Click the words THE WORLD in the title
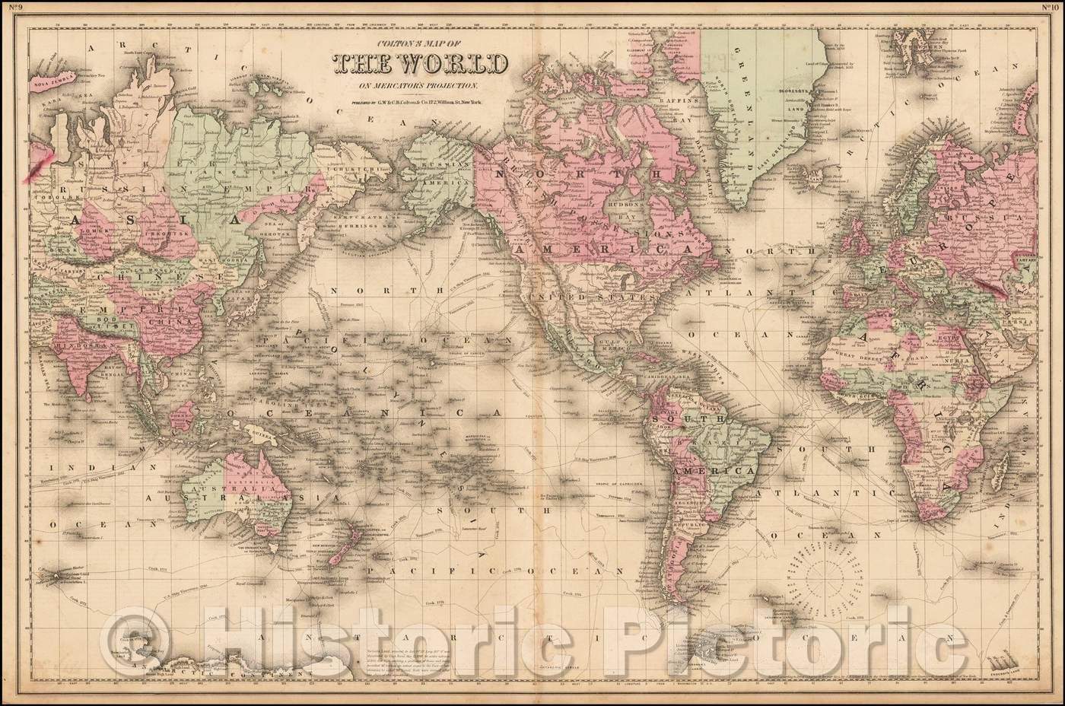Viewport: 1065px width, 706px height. coord(421,63)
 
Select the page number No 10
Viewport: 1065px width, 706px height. coord(1052,10)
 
